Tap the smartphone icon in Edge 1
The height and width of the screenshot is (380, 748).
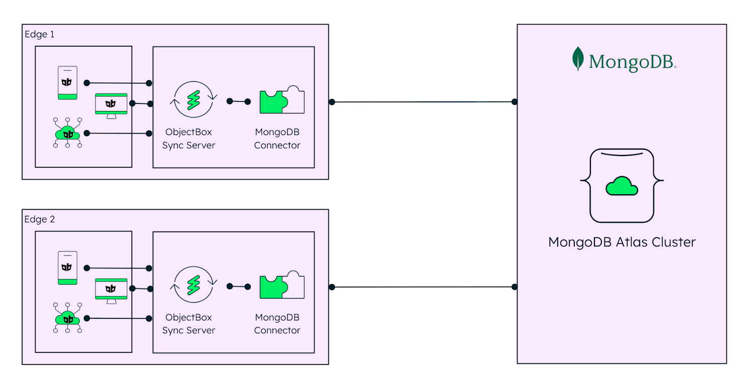click(x=67, y=83)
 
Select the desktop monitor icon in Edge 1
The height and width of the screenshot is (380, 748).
click(x=111, y=105)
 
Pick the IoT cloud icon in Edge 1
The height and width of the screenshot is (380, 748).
click(x=68, y=133)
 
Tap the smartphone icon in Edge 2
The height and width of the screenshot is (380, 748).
click(x=67, y=268)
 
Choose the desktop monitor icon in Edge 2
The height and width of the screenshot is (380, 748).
click(x=111, y=290)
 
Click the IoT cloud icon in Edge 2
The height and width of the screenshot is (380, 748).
click(x=68, y=318)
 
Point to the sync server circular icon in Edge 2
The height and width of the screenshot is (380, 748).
click(x=194, y=285)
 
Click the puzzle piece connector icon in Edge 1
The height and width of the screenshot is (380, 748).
click(x=282, y=101)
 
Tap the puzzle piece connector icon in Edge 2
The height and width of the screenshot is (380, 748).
click(x=282, y=287)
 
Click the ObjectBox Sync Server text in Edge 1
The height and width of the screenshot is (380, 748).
click(x=189, y=139)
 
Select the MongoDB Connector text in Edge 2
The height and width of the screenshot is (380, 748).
click(x=277, y=324)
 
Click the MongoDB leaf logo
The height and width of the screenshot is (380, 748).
click(x=578, y=59)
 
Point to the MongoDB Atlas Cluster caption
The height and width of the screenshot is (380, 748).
click(x=621, y=242)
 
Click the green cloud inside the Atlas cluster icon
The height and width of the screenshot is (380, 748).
click(x=621, y=186)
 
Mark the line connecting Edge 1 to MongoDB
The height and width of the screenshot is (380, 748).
click(x=423, y=102)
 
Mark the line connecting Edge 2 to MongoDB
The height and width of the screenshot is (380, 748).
click(x=423, y=287)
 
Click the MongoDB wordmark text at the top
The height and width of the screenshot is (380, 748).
click(x=632, y=61)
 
